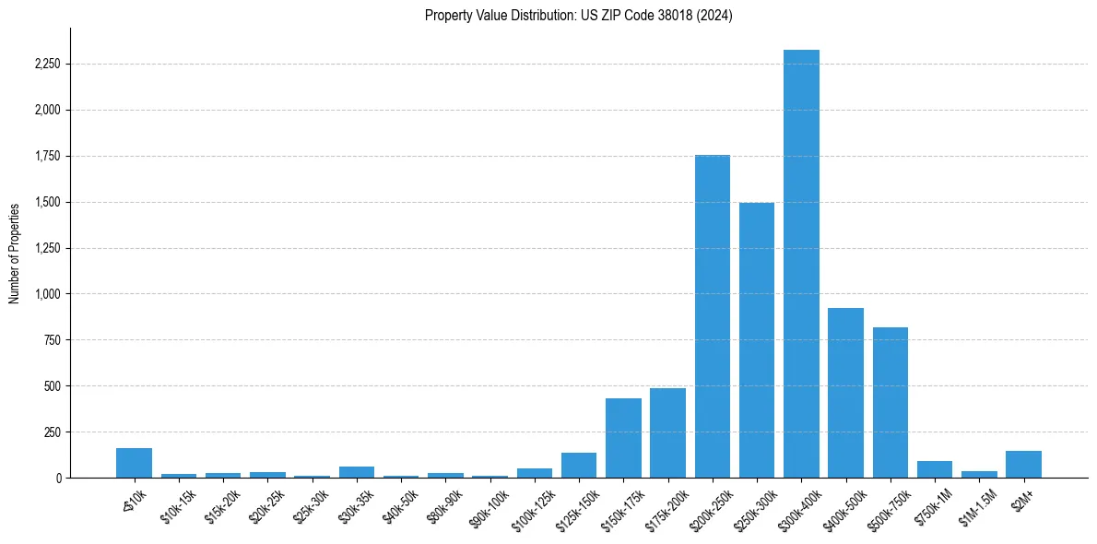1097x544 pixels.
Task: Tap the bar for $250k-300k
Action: (757, 340)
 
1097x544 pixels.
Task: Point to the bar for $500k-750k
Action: (890, 402)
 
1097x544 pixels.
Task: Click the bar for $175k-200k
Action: (667, 432)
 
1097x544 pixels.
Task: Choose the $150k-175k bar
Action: (623, 438)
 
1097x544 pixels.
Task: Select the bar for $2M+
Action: (1023, 464)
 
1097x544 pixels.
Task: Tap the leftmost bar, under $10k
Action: (134, 463)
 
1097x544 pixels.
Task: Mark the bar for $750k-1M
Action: (935, 469)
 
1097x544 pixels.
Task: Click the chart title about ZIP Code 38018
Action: (578, 16)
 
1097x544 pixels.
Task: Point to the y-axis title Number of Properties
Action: (15, 254)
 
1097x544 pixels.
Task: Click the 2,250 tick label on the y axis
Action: (47, 65)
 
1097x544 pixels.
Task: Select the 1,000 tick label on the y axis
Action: (47, 294)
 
